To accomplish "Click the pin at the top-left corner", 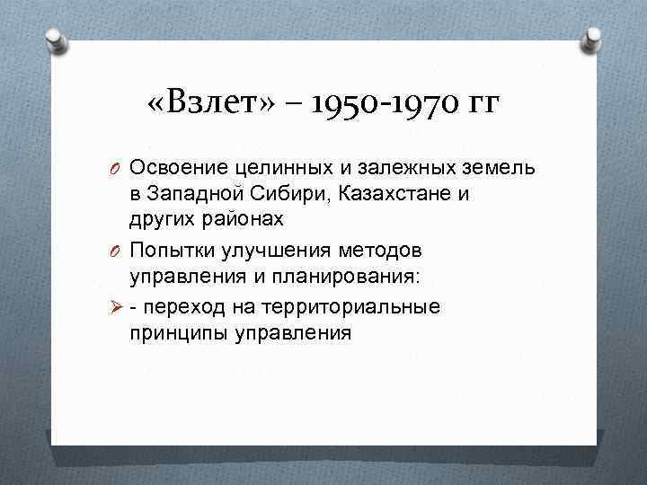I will click(x=55, y=39).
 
